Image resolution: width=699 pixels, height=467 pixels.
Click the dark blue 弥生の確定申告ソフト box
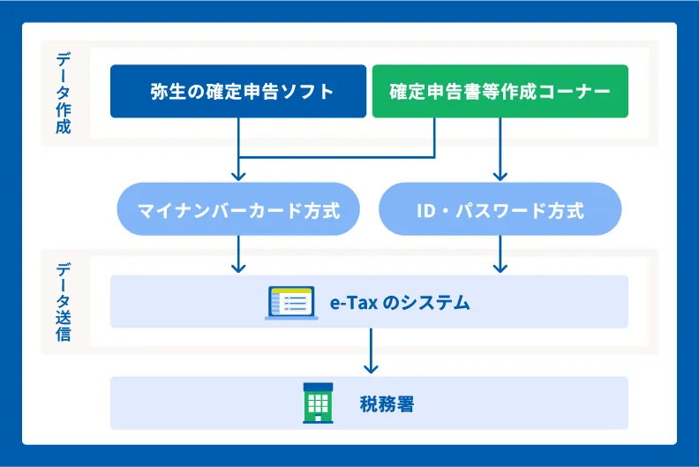tap(238, 91)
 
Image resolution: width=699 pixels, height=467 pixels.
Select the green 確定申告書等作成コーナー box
tap(500, 91)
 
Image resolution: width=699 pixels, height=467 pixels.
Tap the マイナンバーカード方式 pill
tap(238, 211)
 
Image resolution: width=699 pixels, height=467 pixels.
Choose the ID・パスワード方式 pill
tap(500, 211)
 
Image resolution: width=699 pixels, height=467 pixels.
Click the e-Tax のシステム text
tap(400, 303)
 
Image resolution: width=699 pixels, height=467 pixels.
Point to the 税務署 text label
tap(387, 405)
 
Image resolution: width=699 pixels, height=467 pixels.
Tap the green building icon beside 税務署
tap(318, 403)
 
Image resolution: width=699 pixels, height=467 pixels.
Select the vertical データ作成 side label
tap(64, 93)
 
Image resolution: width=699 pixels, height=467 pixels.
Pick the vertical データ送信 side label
tap(64, 302)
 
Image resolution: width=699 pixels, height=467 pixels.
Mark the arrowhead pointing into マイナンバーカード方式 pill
tap(238, 175)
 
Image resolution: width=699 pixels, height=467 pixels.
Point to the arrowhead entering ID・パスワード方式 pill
tap(500, 175)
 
